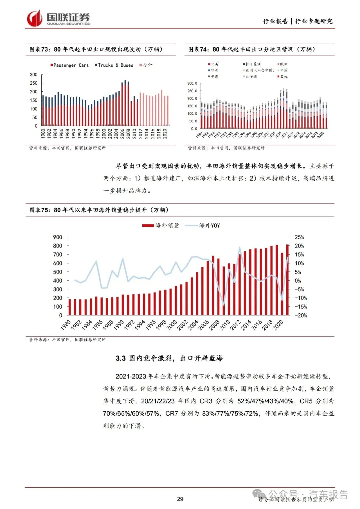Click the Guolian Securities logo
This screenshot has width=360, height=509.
[x=58, y=19]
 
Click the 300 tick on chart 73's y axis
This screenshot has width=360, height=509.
[x=34, y=74]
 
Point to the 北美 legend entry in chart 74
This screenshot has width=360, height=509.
[x=214, y=64]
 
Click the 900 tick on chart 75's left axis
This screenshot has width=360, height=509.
[x=58, y=237]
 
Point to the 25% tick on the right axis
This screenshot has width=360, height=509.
[x=299, y=237]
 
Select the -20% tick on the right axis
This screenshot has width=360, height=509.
[x=300, y=315]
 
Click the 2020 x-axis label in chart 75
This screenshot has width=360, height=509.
[x=278, y=325]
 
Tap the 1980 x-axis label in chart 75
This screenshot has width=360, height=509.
[x=66, y=325]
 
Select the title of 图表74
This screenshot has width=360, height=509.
[x=252, y=49]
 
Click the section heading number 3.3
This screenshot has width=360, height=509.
[x=121, y=358]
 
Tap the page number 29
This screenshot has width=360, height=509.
[x=180, y=499]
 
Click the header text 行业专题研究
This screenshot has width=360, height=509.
[x=314, y=21]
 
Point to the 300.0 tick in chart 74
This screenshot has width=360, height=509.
[x=192, y=83]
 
